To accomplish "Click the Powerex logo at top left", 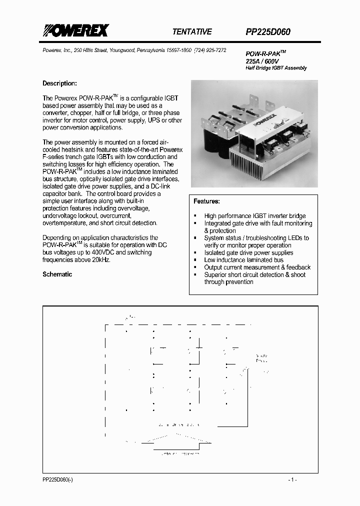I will [74, 31].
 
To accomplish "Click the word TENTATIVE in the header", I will [192, 31].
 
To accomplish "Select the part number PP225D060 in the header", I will [268, 31].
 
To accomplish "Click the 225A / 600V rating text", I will [262, 60].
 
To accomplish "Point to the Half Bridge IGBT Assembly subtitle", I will [276, 68].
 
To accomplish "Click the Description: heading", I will [59, 83].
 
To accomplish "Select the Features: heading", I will [206, 201].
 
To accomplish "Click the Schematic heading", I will [57, 274].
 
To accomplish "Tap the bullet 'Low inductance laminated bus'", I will [243, 260].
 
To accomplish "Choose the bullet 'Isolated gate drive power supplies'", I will [248, 253].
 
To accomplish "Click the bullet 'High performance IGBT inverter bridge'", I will [254, 216].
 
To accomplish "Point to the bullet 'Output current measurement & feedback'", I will [257, 267].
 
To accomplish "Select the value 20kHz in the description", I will [100, 260].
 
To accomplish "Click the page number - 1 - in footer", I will [292, 479].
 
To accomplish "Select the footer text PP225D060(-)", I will [58, 479].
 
